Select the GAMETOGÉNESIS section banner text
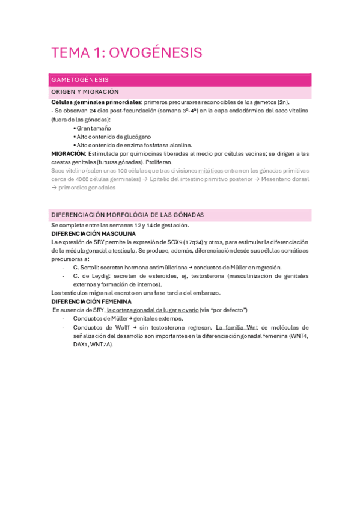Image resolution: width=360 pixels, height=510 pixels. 80,79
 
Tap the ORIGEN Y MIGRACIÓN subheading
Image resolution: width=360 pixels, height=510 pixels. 85,92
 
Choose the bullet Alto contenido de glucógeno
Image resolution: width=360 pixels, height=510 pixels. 114,137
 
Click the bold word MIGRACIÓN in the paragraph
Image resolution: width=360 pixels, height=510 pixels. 68,153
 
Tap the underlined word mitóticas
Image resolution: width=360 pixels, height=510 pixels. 210,170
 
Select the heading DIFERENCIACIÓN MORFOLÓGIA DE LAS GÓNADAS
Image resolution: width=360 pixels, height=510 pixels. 127,215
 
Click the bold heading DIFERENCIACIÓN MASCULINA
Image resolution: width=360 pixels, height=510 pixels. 93,233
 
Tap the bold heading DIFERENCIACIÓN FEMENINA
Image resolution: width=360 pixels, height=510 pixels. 91,301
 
